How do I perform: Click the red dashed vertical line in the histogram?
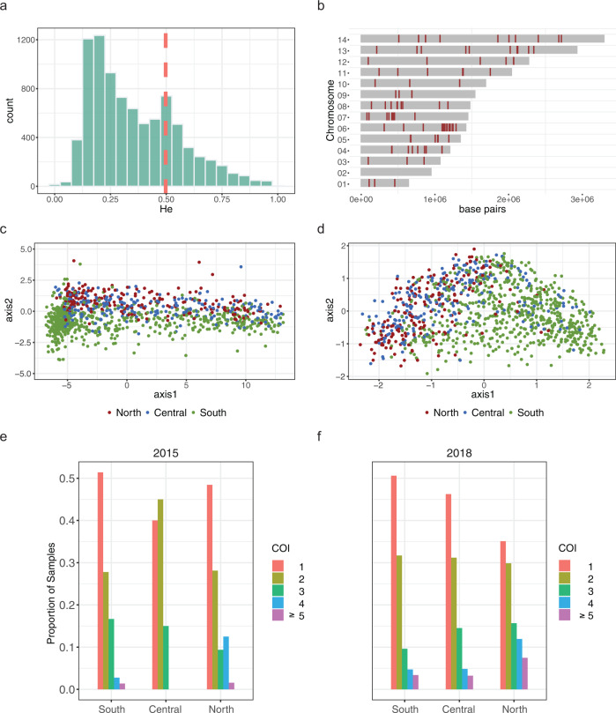(x=165, y=106)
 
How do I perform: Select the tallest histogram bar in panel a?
(x=99, y=112)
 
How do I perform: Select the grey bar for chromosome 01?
(x=385, y=183)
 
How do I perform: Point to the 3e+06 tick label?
(x=580, y=201)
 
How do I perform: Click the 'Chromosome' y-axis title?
(x=330, y=111)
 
